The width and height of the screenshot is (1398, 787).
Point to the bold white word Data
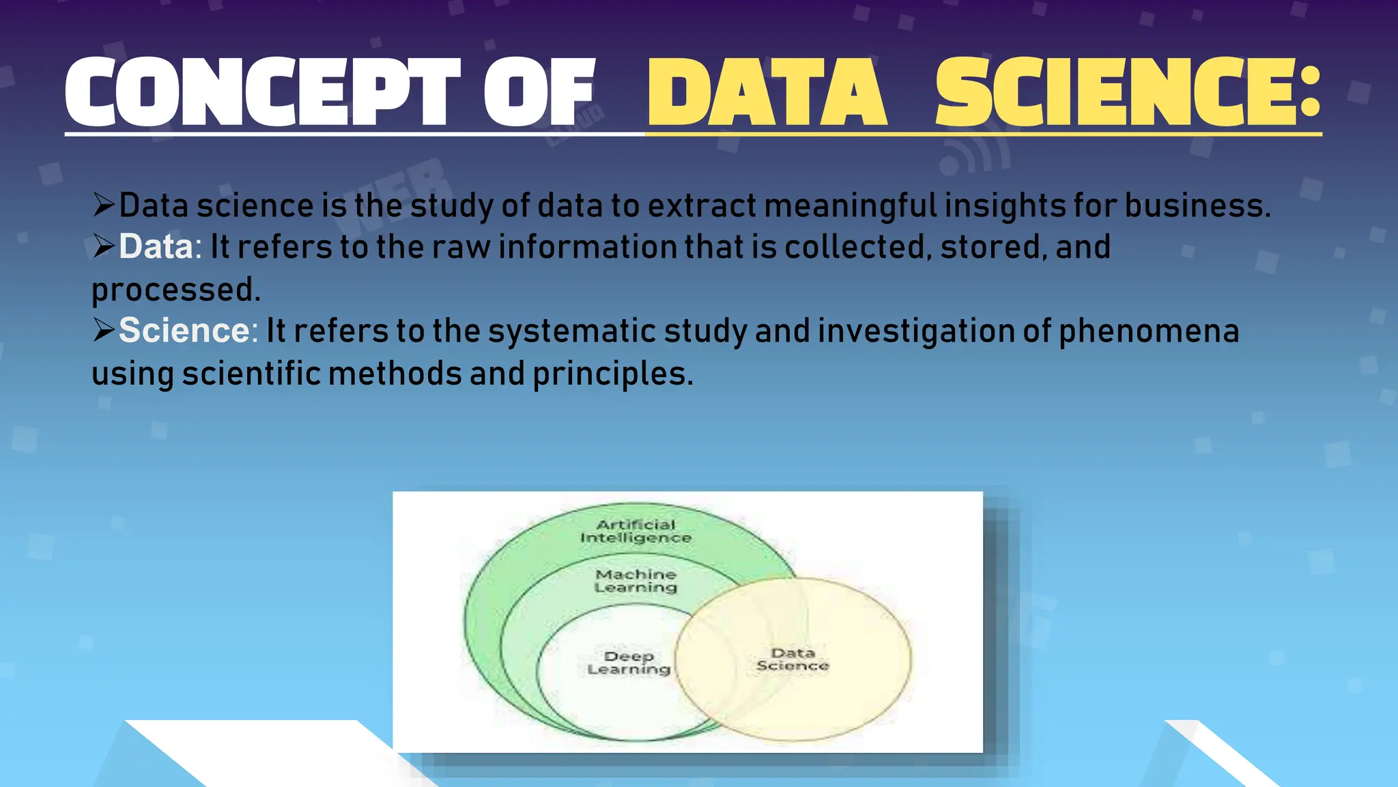coord(156,247)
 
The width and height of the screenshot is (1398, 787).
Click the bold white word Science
coord(184,331)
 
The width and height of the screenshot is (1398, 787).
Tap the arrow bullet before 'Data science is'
coord(104,204)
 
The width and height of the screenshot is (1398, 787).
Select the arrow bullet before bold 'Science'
coord(104,330)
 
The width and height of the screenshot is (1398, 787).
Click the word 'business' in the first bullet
coord(1197,206)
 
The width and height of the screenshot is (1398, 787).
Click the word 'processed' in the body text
coord(176,290)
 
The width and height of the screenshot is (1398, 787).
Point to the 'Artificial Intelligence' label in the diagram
coord(636,531)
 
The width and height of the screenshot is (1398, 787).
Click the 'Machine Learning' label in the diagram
coord(636,581)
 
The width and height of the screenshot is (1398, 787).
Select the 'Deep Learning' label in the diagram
coord(629,663)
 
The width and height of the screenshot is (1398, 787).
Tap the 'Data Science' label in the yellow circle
coord(793,659)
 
